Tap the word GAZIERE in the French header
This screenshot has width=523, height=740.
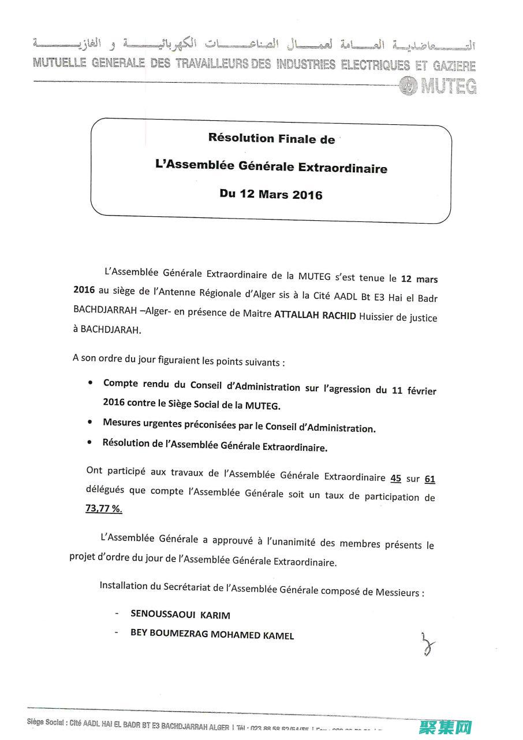point(451,66)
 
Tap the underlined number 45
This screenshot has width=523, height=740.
point(396,478)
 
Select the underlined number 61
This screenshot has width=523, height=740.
point(429,479)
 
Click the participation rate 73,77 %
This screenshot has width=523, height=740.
point(104,508)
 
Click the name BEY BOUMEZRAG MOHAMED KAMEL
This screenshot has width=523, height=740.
point(212,635)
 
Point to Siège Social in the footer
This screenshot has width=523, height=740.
point(46,721)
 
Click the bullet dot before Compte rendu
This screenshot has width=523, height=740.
point(91,383)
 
